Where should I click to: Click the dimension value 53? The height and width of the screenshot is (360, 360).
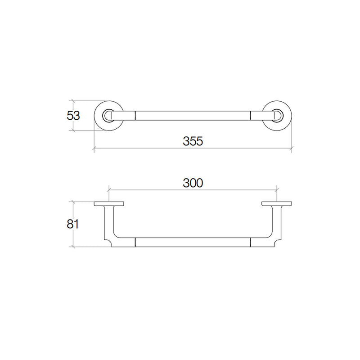tap(73, 116)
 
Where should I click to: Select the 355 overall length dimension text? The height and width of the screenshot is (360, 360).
tap(193, 141)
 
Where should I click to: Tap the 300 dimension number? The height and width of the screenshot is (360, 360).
tap(193, 183)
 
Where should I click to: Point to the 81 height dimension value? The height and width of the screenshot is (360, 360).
tap(73, 224)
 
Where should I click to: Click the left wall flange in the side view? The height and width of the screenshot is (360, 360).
tap(109, 204)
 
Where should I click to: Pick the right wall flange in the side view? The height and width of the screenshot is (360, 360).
tap(277, 204)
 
